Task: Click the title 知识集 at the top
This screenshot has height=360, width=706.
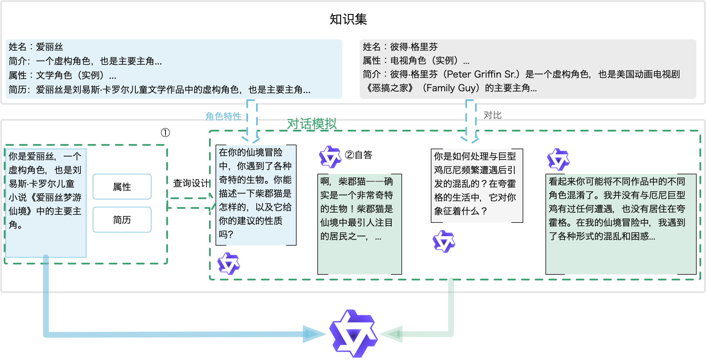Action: pos(348,19)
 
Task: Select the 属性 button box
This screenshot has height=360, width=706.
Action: pos(122,187)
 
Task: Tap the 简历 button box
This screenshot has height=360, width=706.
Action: pos(122,220)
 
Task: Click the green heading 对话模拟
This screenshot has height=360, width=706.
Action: pos(312,124)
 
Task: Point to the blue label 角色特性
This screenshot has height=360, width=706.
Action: pos(223,116)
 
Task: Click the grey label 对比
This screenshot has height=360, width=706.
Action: pos(492,115)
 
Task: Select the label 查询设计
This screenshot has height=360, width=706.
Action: pos(191,183)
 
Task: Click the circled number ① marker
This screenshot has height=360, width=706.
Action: pos(165,133)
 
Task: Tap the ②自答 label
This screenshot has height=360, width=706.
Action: pos(359,155)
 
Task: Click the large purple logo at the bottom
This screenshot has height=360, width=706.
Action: pos(354,333)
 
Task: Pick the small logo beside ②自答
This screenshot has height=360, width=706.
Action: pos(330,157)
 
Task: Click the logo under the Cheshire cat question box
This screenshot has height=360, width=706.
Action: pos(229,264)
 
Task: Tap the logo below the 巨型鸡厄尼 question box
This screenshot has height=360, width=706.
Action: pos(444,241)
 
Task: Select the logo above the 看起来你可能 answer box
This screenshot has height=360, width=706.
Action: pos(558,159)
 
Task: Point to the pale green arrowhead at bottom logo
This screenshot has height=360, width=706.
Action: pos(391,334)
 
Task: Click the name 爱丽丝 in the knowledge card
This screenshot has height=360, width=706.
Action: pos(49,47)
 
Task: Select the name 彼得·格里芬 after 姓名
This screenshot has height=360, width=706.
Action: pos(414,46)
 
